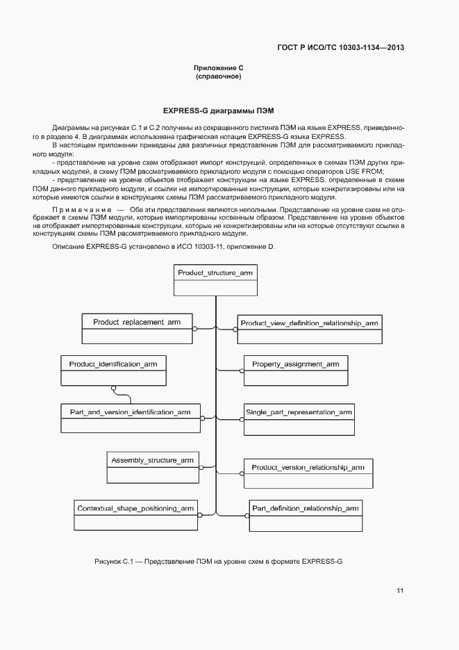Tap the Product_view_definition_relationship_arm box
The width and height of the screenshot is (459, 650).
309,330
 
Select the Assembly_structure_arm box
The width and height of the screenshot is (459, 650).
152,468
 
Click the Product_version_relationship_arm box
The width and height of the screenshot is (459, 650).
308,475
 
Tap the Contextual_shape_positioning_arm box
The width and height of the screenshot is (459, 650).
135,517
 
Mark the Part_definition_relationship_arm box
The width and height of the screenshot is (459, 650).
305,517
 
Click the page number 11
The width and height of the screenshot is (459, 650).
400,591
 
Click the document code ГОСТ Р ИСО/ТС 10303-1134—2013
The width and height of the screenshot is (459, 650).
340,47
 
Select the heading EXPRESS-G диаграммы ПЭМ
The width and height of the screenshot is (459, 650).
218,111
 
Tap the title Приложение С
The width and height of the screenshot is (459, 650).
218,68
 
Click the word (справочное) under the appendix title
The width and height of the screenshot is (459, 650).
218,76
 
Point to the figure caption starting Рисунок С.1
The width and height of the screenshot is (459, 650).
218,560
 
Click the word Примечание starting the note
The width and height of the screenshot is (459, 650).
81,209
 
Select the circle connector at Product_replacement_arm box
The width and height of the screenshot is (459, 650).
194,328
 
